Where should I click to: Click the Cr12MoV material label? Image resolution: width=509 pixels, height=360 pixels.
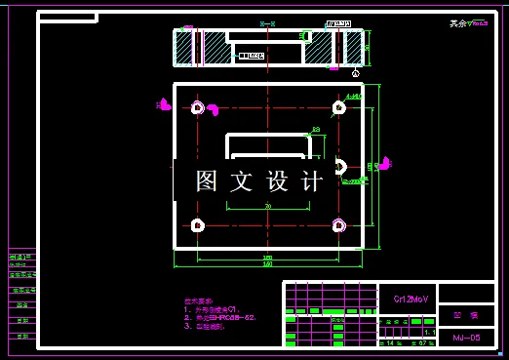pyautogui.click(x=410, y=299)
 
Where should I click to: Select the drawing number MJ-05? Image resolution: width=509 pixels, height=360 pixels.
pyautogui.click(x=466, y=338)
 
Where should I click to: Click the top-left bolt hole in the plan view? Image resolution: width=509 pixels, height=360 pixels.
pyautogui.click(x=198, y=107)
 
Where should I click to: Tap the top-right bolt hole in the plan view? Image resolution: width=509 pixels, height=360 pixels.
pyautogui.click(x=338, y=107)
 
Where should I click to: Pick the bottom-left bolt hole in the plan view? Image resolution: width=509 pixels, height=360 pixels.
pyautogui.click(x=198, y=225)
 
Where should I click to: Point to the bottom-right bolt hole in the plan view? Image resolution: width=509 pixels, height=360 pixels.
pyautogui.click(x=338, y=225)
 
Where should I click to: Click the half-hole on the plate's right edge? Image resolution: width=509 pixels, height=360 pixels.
pyautogui.click(x=340, y=165)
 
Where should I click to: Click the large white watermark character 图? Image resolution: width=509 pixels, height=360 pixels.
pyautogui.click(x=206, y=181)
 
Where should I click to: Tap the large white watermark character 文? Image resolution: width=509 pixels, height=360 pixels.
pyautogui.click(x=241, y=181)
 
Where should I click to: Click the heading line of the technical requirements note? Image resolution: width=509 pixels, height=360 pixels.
pyautogui.click(x=199, y=301)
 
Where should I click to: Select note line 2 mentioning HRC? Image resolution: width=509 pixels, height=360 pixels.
pyautogui.click(x=219, y=318)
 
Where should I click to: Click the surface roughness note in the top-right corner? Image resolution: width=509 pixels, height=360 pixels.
pyautogui.click(x=468, y=23)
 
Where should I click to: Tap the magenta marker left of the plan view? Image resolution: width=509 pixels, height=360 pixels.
pyautogui.click(x=166, y=104)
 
